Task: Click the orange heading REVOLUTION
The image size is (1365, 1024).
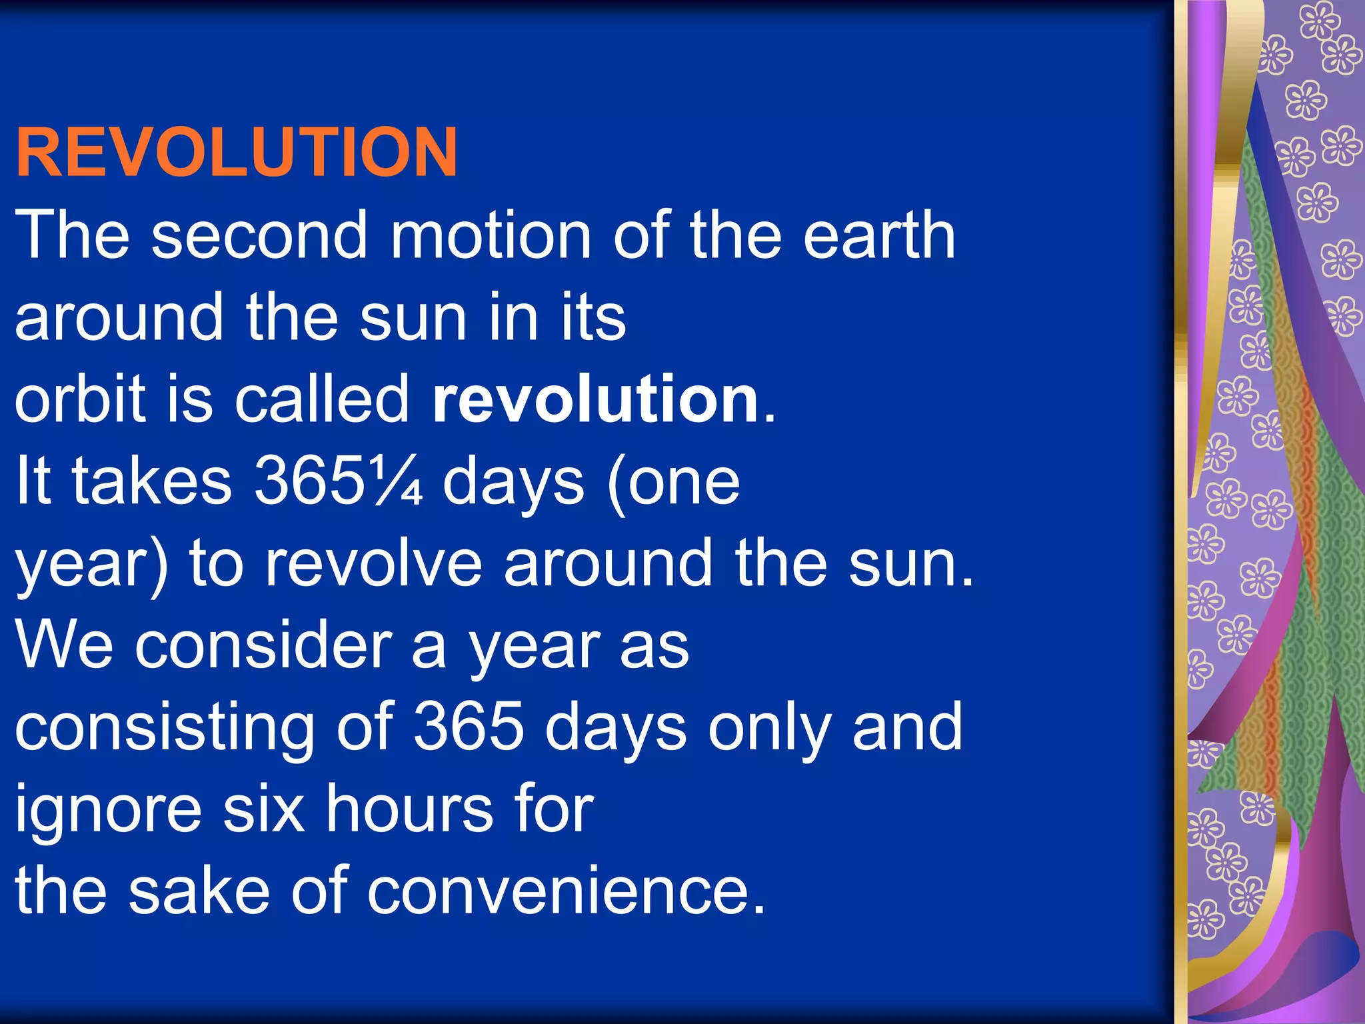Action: pos(237,153)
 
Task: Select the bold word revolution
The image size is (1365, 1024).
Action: pos(595,399)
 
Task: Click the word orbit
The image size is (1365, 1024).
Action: pos(80,399)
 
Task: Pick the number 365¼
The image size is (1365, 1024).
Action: pos(339,481)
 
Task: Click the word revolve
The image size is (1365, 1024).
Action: pos(373,564)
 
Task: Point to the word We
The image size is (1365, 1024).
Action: pos(64,645)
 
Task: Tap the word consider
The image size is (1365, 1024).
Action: pos(263,645)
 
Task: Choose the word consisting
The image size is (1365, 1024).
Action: pos(164,729)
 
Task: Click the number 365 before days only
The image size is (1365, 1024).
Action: pos(469,727)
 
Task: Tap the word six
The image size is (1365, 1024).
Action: pos(263,809)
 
